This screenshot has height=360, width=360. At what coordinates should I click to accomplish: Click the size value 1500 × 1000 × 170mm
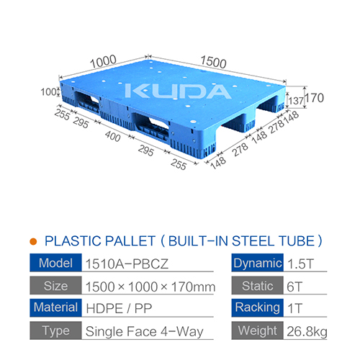[x=150, y=287]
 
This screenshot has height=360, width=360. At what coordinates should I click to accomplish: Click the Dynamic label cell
[x=258, y=263]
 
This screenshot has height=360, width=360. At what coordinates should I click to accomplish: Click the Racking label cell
[x=258, y=309]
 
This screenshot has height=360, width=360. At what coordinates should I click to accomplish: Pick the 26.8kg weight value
[x=307, y=332]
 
